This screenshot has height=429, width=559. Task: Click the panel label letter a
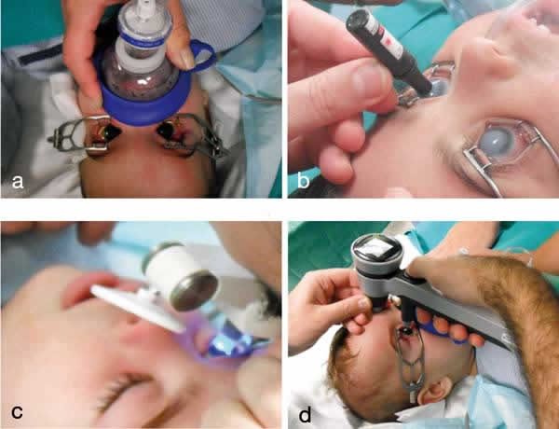(18, 181)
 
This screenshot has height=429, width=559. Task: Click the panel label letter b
(303, 180)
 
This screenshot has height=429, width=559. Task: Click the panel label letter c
(17, 411)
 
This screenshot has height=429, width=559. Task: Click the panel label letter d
(305, 414)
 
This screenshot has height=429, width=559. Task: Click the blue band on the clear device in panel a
(141, 37)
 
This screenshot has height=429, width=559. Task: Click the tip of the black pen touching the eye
(427, 89)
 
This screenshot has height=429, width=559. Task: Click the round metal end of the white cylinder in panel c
(195, 290)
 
